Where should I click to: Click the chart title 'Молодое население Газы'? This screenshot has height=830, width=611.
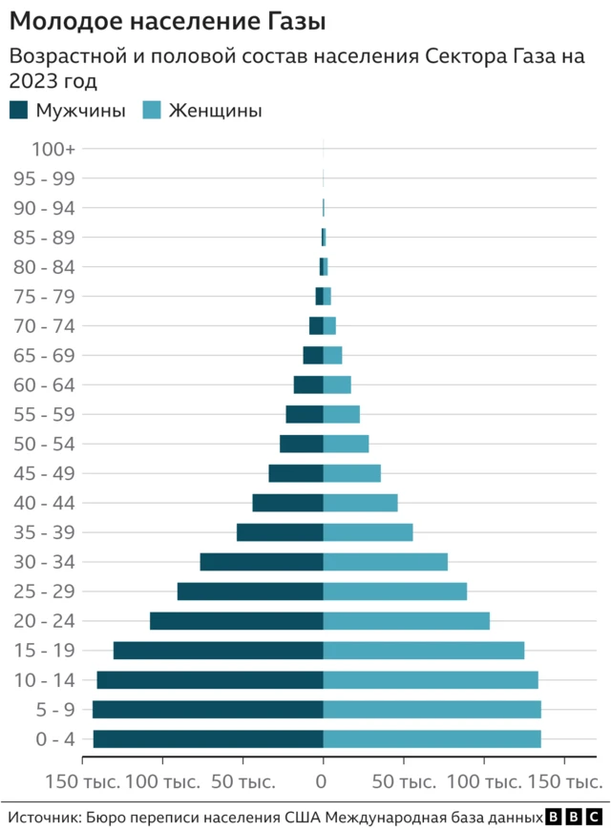[x=167, y=20]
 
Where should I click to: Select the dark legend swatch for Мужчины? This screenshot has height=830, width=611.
[x=19, y=110]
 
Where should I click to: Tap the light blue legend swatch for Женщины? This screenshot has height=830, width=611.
[x=151, y=110]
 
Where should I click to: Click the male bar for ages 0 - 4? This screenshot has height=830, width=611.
[x=208, y=738]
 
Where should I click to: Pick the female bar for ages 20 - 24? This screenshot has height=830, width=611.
[x=407, y=621]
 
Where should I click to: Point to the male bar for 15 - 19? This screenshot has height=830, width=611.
[x=219, y=651]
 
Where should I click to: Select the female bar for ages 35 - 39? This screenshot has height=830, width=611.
[x=369, y=532]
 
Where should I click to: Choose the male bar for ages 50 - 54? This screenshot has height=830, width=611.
[x=302, y=444]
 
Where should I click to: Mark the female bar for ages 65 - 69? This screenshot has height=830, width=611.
[x=332, y=355]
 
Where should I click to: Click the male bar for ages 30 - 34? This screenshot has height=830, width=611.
[x=262, y=562]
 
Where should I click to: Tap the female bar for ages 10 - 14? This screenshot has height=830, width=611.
[x=431, y=680]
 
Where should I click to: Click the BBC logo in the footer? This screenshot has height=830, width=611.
[x=574, y=818]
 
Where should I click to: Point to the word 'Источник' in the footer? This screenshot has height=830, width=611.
[x=43, y=818]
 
